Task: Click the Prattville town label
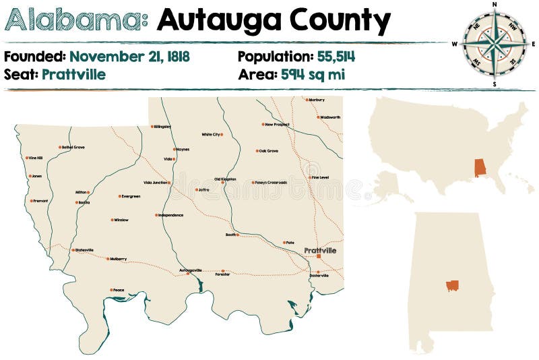320,250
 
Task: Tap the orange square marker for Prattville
319,256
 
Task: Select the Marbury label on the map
316,100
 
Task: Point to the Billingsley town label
162,126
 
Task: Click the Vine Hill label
35,158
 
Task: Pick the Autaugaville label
191,270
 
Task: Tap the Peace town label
119,290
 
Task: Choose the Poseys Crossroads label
270,182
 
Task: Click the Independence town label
170,215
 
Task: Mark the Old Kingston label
225,179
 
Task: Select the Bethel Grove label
73,147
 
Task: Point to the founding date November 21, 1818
129,56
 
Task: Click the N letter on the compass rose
495,4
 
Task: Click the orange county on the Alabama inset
452,286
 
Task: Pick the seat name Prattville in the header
73,74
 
